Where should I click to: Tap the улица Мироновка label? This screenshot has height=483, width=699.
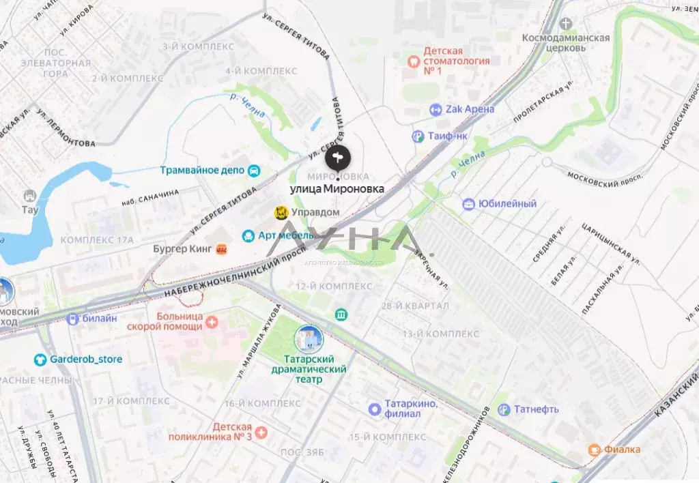(x=337, y=188)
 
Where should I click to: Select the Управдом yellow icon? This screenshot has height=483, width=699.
(x=281, y=213)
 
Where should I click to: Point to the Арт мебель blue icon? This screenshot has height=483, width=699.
(x=248, y=235)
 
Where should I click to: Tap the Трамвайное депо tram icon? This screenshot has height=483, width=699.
(x=254, y=170)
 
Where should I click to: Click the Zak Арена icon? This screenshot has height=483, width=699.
(x=436, y=109)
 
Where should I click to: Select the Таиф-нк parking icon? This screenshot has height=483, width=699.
(x=418, y=136)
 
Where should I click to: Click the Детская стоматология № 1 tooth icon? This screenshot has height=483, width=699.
(x=412, y=61)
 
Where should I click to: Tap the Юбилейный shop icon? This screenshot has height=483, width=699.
(x=468, y=204)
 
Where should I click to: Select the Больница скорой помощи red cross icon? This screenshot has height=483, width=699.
(x=212, y=321)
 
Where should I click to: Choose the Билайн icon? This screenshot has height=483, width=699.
(x=72, y=318)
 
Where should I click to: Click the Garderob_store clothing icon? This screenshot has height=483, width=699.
(x=40, y=359)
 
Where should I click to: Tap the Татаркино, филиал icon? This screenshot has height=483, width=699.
(x=374, y=409)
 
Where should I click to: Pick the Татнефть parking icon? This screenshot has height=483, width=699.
(x=504, y=409)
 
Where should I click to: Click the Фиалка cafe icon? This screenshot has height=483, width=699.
(x=594, y=449)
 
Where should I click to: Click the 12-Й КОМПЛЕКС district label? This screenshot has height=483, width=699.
(x=334, y=286)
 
